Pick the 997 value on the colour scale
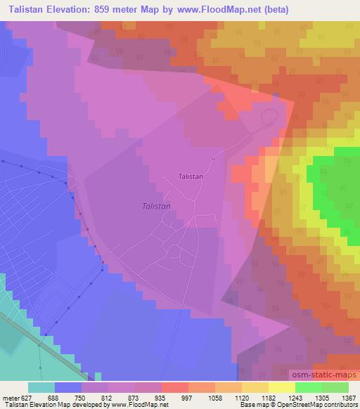point(188,397)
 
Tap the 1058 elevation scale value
point(214,397)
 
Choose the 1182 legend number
point(268,397)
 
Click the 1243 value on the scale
point(294,397)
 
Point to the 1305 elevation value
point(321,397)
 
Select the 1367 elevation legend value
point(347,397)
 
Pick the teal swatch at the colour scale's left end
point(41,387)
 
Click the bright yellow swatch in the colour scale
point(281,387)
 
